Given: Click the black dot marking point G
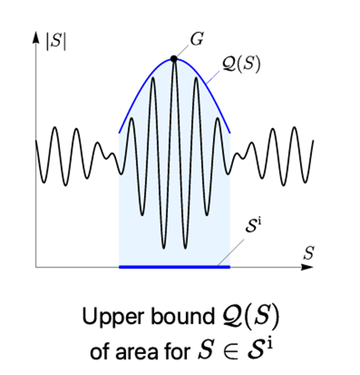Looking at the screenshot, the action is click(174, 59).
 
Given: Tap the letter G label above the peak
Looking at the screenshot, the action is click(197, 39).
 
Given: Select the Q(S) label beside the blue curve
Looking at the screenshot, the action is click(241, 64).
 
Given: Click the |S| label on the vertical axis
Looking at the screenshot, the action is click(56, 40).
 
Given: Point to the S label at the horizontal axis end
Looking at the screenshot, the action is click(309, 253).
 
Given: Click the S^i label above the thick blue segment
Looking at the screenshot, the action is click(253, 226).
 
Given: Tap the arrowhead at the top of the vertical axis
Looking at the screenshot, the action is click(36, 37).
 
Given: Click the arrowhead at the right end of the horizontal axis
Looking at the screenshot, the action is click(307, 267).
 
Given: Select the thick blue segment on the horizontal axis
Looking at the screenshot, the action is click(175, 267).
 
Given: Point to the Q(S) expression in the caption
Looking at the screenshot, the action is click(250, 316).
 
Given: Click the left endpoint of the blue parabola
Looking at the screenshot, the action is click(119, 133).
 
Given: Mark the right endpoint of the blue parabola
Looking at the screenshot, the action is click(229, 133).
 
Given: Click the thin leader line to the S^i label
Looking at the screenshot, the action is click(230, 252).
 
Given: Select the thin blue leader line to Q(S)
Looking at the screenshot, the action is click(213, 77).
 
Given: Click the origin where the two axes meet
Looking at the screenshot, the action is click(36, 267).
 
